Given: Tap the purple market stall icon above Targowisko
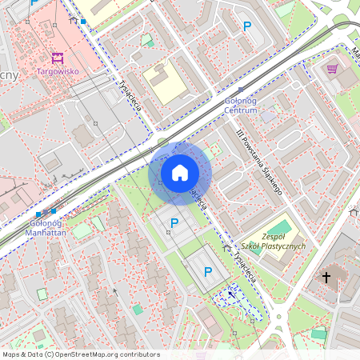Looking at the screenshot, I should coord(55,58).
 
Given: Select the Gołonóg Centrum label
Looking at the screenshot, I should coord(241,106).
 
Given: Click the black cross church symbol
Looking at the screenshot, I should coord(326,277).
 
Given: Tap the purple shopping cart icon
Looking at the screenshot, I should coord(331,70).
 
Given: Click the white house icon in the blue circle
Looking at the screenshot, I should coord(180,173).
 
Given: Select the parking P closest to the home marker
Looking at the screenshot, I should coord(174,222).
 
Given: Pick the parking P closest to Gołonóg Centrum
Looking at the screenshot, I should coord(247,26).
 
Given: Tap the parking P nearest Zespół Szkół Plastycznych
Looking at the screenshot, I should coord(208,272).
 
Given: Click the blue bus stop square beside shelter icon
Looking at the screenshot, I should coord(83,22).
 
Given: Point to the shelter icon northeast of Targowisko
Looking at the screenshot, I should coord(74,19).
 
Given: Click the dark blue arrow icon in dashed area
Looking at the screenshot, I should coord(232,294).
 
